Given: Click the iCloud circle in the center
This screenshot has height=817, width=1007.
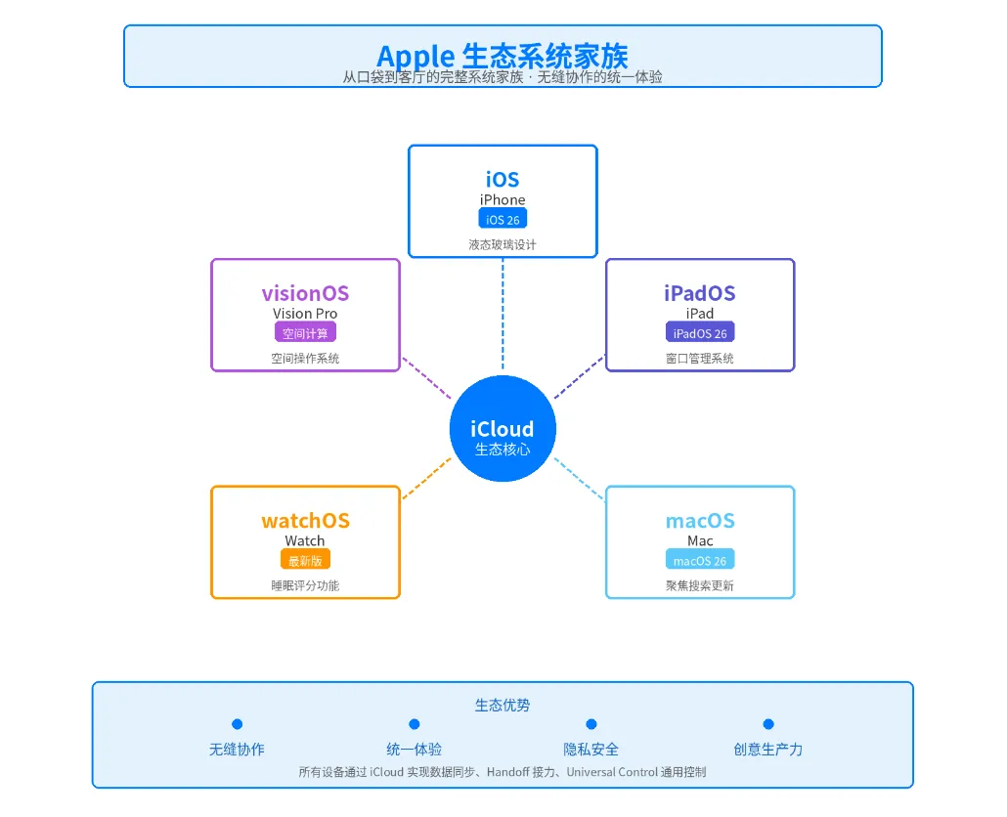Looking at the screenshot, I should coord(503,429).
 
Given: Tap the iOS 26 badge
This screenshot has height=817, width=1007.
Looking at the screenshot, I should coord(503,220).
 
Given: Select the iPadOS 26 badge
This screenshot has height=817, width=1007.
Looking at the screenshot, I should coord(700,333).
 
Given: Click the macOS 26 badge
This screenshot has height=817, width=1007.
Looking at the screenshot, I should coord(700,560).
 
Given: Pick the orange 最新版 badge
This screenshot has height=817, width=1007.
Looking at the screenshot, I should coord(305,560).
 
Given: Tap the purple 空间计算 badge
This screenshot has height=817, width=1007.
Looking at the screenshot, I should coord(305,333).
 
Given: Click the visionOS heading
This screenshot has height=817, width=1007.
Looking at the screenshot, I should coord(305,293).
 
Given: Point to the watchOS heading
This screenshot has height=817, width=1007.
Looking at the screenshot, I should coord(305,521).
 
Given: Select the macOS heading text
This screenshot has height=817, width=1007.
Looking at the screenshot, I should coord(700,521).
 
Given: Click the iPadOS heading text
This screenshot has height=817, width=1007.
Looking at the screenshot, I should coord(700,293).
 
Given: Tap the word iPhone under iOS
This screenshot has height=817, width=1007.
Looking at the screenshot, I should coord(503,200).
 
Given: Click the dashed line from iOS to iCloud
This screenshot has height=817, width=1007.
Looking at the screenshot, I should coord(503,313).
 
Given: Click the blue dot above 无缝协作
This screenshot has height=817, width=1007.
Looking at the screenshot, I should coord(237,724).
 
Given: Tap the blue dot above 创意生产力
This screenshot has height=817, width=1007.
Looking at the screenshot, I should coord(768,724).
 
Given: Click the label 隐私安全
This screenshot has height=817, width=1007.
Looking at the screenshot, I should coord(591,750).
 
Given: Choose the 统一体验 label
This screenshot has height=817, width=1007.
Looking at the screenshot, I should coord(414,750).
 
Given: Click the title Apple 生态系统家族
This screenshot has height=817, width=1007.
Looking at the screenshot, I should coord(503,55).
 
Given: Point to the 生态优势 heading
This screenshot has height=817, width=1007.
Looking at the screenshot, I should coord(503,705).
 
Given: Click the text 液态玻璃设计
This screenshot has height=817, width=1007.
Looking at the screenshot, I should coord(503,245).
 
